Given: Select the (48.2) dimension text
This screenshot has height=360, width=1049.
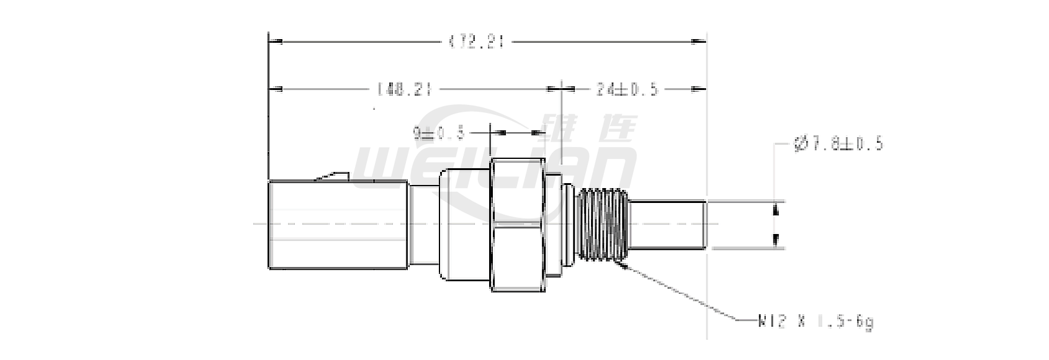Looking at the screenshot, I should tap(403, 89).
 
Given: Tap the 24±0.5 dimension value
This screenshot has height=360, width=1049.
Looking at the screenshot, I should tap(626, 89).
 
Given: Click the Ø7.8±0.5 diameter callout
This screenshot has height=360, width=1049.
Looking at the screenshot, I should tap(838, 144).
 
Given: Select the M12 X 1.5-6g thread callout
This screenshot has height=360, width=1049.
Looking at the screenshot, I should tap(816, 322).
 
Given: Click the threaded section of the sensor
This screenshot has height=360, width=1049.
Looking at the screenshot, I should tap(602, 225).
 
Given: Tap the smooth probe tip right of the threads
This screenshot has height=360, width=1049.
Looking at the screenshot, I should tap(667, 225).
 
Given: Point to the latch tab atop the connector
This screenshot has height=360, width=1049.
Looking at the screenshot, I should tap(332, 177).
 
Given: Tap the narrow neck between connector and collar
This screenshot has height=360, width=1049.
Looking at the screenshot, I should tap(423, 225).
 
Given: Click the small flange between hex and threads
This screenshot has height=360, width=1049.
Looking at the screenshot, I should tap(567, 225).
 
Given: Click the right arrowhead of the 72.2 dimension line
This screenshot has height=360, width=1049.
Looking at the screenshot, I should tap(699, 42).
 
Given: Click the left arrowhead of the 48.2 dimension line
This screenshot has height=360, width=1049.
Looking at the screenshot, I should tap(276, 89).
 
